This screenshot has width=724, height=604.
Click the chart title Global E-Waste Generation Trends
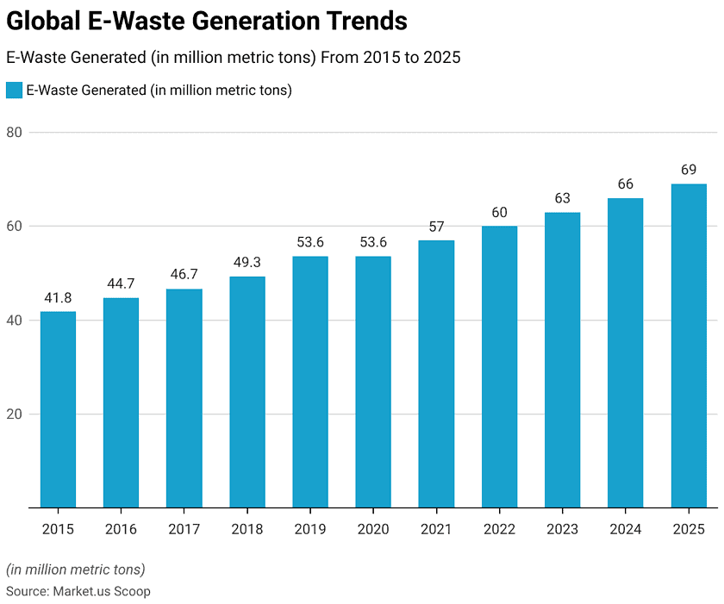[207, 21]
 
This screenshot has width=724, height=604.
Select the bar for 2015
[58, 409]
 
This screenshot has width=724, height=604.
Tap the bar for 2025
[689, 346]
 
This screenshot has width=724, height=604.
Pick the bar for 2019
[310, 382]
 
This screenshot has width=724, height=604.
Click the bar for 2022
[499, 366]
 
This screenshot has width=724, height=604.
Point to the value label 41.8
[58, 297]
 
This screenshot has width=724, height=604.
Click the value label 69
[689, 170]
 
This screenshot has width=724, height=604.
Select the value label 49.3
[247, 262]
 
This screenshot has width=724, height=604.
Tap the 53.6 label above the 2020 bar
[373, 242]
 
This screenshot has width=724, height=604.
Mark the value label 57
[436, 226]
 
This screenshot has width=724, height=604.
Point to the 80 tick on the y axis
[14, 133]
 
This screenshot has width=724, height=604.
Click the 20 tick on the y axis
[14, 414]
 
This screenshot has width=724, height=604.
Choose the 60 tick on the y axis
[14, 227]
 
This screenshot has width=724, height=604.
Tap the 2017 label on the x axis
[184, 529]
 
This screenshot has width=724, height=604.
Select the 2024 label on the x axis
[626, 529]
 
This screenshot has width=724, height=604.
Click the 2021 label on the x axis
[436, 529]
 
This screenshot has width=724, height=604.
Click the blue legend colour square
[14, 90]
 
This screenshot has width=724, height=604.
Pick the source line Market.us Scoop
[78, 591]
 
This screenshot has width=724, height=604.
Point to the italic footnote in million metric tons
[76, 570]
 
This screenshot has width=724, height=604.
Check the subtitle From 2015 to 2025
[234, 58]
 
